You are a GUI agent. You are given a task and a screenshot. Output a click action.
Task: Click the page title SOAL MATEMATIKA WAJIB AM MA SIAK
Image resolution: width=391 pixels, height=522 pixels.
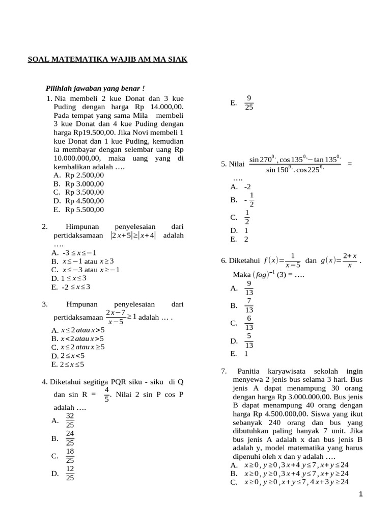[x=107, y=60]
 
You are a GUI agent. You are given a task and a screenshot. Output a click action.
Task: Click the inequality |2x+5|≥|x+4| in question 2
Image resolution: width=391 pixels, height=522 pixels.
[x=133, y=236]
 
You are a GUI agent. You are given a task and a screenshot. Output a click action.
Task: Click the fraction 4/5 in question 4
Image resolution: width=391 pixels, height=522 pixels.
[x=107, y=395]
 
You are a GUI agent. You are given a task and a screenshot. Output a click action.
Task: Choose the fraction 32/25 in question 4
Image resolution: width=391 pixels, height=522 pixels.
[x=70, y=421]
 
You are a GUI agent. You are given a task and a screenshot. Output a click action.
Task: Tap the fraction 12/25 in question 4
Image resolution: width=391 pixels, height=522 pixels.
[x=70, y=473]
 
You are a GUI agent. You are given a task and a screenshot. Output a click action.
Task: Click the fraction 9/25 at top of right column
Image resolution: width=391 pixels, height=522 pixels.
[x=248, y=103]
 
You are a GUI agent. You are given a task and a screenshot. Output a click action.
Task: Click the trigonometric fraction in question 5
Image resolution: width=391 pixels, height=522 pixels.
[x=295, y=164]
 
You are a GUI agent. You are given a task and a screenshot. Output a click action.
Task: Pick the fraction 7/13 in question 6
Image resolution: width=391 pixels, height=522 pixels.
[x=248, y=305]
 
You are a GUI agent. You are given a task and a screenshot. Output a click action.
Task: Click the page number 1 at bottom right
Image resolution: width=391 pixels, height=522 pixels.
[x=360, y=494]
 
